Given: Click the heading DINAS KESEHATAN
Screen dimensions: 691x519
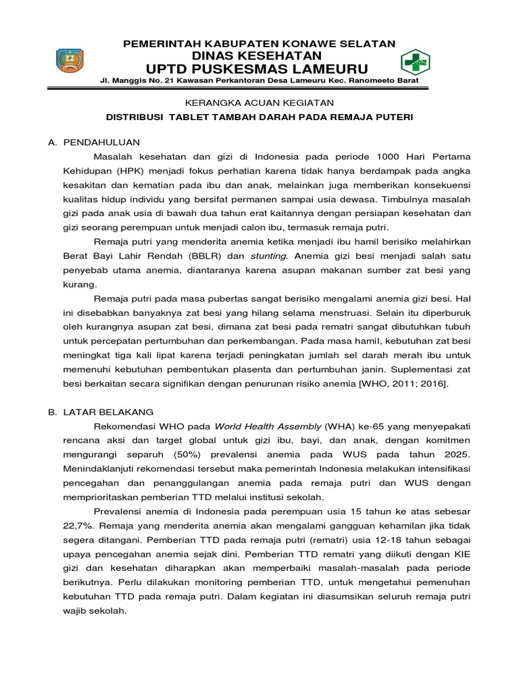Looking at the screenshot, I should [259, 55].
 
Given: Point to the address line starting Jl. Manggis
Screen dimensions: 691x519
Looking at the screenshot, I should [259, 82].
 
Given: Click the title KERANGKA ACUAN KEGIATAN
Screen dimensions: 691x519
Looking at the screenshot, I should [259, 103].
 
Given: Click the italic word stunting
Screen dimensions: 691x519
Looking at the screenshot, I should [269, 256].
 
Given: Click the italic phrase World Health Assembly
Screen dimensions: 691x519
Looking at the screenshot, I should [268, 426].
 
